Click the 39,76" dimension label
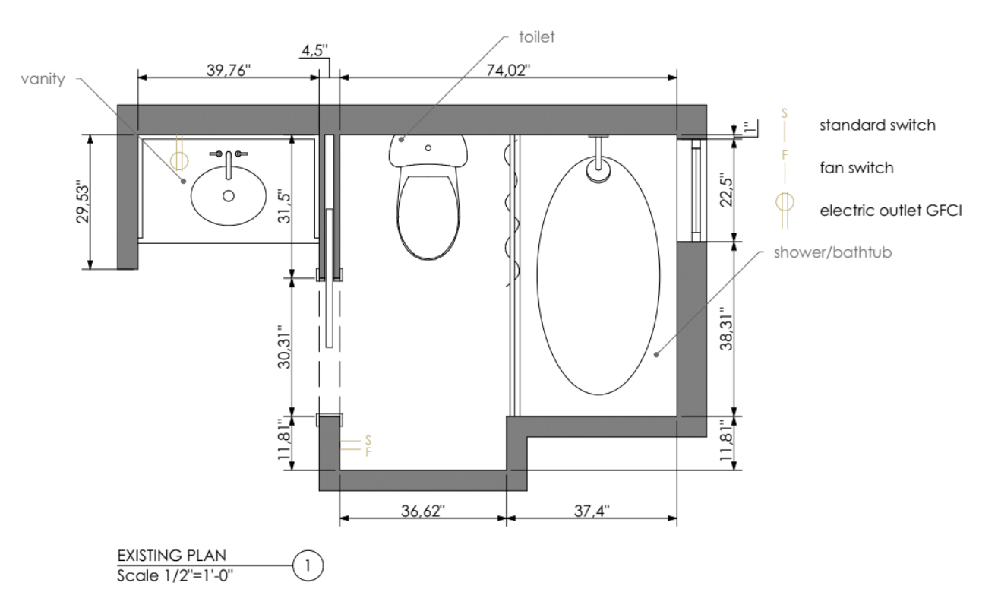tap(229, 70)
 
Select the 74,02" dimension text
tap(508, 70)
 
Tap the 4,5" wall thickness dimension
tap(315, 50)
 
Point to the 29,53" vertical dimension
tap(84, 201)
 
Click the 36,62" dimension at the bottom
tap(423, 511)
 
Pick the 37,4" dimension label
tap(592, 511)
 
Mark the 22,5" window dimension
tap(727, 189)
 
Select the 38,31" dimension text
tap(727, 328)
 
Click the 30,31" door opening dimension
tap(284, 347)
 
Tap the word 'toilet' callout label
tap(537, 37)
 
